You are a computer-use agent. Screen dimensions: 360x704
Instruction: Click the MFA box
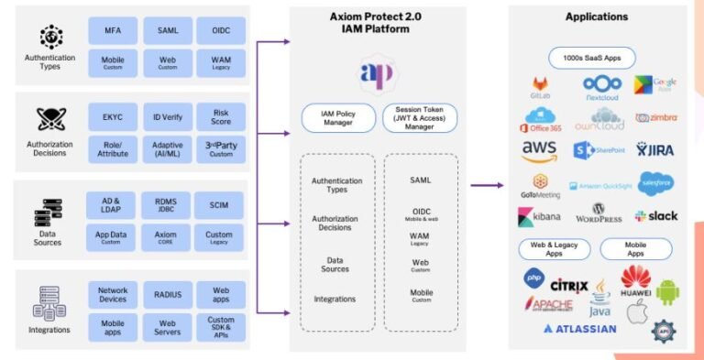pos(113,30)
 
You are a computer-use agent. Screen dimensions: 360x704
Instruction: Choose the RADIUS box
pos(167,294)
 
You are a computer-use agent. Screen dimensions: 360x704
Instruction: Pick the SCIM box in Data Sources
pos(220,204)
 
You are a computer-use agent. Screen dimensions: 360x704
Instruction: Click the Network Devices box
pos(113,294)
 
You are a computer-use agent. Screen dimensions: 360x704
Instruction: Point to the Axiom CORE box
pos(167,236)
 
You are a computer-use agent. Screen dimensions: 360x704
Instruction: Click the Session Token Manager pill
pos(419,115)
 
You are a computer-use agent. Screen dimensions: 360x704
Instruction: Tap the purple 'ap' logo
pos(378,73)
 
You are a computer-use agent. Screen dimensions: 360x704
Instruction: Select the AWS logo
pos(539,148)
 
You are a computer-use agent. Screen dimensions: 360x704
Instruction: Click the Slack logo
pos(655,216)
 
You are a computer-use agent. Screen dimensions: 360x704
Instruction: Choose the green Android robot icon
pos(667,290)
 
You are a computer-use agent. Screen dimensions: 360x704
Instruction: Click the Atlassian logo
pos(579,328)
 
